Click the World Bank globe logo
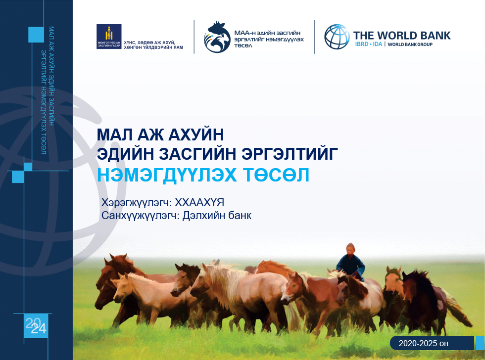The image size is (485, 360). (x=337, y=37)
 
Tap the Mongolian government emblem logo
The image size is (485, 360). (x=109, y=37)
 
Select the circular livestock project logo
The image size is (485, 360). (x=217, y=37)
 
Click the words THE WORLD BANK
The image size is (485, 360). (x=402, y=36)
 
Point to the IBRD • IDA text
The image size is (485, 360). (x=369, y=44)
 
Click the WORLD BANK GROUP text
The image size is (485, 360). (x=410, y=45)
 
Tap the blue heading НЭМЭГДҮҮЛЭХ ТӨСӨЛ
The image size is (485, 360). (x=203, y=175)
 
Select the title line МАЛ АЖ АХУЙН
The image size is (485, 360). (x=160, y=135)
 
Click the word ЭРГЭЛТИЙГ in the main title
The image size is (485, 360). (x=290, y=154)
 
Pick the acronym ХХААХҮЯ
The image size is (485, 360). (x=199, y=203)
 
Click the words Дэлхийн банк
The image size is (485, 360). (x=217, y=216)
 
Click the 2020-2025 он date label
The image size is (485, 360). (x=423, y=343)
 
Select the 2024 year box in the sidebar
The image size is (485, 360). (x=36, y=325)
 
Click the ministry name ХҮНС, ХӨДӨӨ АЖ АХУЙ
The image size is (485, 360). (x=149, y=43)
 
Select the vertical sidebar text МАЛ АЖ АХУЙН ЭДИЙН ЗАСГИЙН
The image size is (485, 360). (x=51, y=76)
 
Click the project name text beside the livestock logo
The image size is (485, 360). (x=269, y=39)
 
